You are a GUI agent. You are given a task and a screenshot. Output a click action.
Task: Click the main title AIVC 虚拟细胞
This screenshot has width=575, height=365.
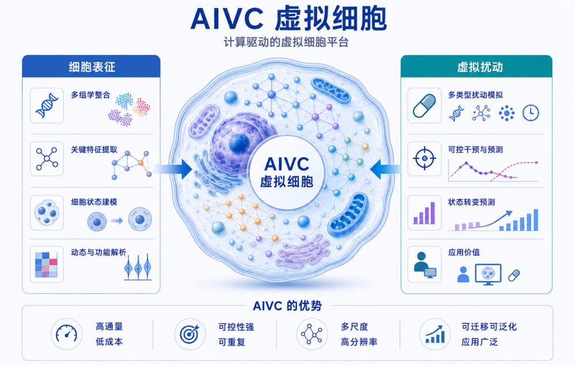pos(288,18)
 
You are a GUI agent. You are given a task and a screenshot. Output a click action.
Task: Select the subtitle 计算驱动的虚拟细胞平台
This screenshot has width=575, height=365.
pos(286,42)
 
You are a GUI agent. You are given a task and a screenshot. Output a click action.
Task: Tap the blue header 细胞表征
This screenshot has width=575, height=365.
pos(92,67)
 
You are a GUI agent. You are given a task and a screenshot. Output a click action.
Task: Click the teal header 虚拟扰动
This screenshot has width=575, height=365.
pos(479,67)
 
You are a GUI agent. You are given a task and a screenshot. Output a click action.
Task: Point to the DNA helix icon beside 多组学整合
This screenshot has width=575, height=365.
pos(47,106)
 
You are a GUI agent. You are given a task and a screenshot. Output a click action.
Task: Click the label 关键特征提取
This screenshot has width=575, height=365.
pos(94,149)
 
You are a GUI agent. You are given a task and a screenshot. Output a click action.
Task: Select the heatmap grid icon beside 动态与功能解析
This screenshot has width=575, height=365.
pos(46,265)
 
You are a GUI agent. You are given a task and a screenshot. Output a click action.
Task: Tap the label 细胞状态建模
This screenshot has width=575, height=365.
pos(94,202)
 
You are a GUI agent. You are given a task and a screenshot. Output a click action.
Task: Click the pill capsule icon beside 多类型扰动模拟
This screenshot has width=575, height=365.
pos(424,106)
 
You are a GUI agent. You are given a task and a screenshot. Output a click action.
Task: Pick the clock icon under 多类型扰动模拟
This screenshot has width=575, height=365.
pos(531,113)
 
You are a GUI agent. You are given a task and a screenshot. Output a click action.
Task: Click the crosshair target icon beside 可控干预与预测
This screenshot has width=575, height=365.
pos(424,159)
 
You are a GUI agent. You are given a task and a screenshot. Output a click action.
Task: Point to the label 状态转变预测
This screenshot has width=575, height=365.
pos(471,202)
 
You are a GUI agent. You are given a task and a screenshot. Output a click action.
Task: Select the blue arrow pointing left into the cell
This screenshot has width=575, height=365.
pos(386,169)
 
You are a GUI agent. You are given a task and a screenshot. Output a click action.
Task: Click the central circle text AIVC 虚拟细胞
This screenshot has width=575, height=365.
pos(287,172)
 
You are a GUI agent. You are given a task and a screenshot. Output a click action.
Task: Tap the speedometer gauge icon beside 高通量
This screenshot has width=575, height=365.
pos(66,334)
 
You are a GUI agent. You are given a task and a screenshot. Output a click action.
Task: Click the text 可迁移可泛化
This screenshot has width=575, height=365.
pos(489,326)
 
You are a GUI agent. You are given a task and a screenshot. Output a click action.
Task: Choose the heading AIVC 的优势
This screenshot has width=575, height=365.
pos(287,306)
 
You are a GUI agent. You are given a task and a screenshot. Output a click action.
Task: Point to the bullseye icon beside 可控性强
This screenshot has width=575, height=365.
pos(189,334)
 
